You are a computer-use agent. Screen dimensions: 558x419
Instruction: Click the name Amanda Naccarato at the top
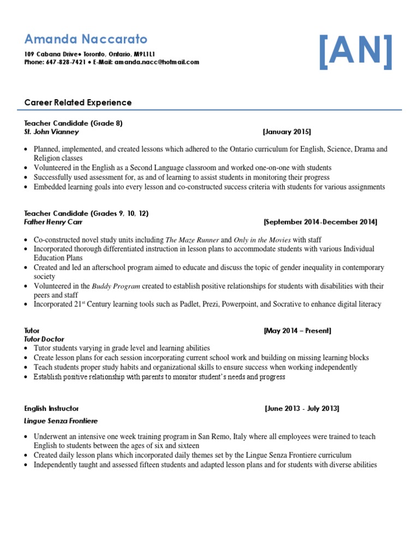[x=86, y=39]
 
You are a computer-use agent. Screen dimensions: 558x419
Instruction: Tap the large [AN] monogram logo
[x=356, y=52]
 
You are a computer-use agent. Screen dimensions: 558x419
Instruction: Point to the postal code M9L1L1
[x=145, y=54]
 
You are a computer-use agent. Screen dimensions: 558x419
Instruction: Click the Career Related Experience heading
[x=78, y=102]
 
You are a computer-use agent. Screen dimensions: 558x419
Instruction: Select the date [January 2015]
[x=286, y=132]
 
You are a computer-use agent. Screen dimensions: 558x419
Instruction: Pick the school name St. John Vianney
[x=52, y=132]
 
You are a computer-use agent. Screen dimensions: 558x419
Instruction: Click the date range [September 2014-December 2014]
[x=320, y=222]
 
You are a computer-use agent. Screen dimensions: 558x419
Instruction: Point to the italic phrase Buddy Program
[x=116, y=286]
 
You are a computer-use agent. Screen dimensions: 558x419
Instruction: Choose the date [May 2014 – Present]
[x=297, y=331]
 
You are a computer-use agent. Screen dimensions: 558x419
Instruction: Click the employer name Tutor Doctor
[x=44, y=339]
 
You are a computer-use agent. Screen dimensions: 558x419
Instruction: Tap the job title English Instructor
[x=52, y=408]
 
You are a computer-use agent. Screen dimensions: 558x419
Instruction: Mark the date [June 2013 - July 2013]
[x=302, y=408]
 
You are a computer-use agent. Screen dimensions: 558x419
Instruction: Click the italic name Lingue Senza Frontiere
[x=62, y=421]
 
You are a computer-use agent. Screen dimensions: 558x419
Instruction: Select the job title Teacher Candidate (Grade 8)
[x=74, y=123]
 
